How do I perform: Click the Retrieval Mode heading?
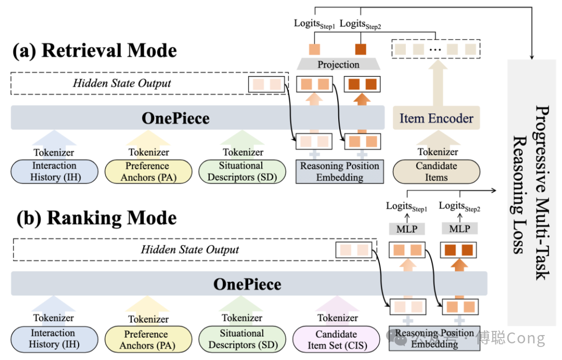click(95, 50)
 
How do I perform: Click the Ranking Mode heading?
click(97, 218)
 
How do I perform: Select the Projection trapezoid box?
click(338, 65)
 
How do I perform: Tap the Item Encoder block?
click(436, 118)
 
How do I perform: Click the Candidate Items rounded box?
click(436, 172)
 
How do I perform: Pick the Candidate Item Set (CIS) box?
click(336, 339)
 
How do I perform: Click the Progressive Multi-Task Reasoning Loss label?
click(533, 179)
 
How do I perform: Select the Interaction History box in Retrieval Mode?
click(54, 172)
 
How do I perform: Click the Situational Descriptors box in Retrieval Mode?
click(242, 172)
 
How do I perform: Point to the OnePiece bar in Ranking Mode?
click(248, 284)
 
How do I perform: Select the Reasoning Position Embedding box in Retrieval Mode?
click(339, 172)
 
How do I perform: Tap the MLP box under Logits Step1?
click(407, 229)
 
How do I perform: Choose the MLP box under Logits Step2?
click(459, 229)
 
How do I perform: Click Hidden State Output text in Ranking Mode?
click(190, 250)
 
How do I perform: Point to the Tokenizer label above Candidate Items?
click(438, 152)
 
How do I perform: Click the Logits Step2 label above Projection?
click(360, 23)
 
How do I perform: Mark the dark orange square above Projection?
click(361, 49)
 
